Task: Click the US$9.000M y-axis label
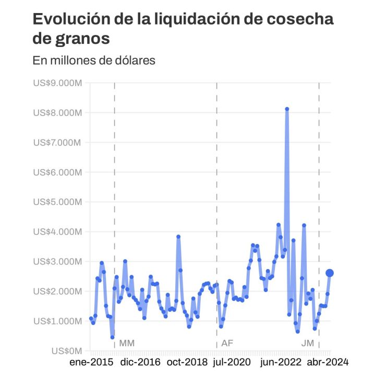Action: [57, 82]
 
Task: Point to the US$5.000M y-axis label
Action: [57, 202]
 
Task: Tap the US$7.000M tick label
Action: [57, 142]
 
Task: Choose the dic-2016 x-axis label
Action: [141, 362]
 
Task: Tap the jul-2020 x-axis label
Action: [233, 362]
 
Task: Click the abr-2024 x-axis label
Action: [327, 362]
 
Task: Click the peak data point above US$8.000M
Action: [287, 109]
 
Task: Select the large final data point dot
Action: [330, 273]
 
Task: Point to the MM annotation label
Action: [127, 343]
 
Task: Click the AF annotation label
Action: [227, 343]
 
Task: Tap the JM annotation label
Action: [308, 343]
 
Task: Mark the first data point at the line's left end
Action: [91, 319]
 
